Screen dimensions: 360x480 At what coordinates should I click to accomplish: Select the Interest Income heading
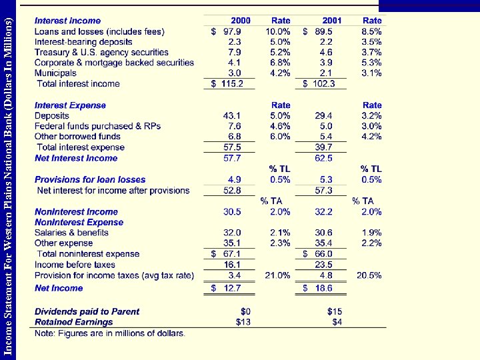pyautogui.click(x=67, y=21)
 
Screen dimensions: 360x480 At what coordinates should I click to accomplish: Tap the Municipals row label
pyautogui.click(x=55, y=73)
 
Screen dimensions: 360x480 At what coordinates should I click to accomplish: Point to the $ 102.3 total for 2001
pyautogui.click(x=319, y=84)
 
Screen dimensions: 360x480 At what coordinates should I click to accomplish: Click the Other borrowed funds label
pyautogui.click(x=77, y=137)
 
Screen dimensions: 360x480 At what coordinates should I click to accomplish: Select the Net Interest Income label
pyautogui.click(x=75, y=158)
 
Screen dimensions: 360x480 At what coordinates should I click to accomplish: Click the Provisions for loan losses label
pyautogui.click(x=89, y=179)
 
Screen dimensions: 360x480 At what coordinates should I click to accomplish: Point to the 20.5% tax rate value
pyautogui.click(x=368, y=275)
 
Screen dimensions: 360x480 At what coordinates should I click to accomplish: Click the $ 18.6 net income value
pyautogui.click(x=319, y=288)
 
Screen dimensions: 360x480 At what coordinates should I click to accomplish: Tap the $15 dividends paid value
pyautogui.click(x=334, y=311)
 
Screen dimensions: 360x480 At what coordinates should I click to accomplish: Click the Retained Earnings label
pyautogui.click(x=73, y=322)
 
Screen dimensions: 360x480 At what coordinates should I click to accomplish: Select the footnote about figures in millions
pyautogui.click(x=110, y=333)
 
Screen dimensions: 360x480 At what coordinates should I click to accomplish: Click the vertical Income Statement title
pyautogui.click(x=9, y=180)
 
